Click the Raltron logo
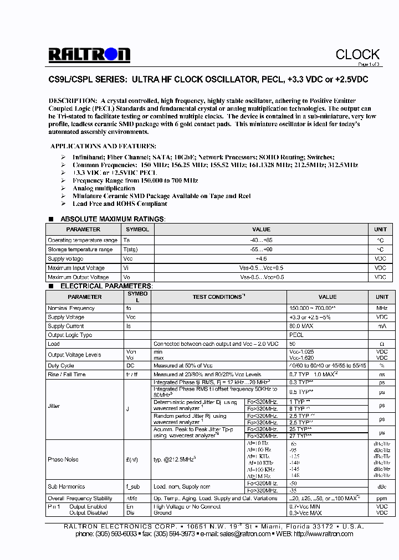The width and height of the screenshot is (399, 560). (89, 54)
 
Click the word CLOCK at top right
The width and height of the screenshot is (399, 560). (357, 54)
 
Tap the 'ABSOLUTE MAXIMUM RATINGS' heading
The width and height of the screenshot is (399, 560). (112, 219)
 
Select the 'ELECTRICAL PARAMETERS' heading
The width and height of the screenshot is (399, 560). (106, 286)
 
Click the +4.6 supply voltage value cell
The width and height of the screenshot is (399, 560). (261, 259)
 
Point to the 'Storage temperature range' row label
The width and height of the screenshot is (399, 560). (80, 250)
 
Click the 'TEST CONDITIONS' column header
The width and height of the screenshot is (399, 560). (218, 297)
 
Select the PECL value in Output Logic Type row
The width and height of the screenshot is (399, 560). (296, 335)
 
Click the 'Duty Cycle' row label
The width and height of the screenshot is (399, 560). (61, 366)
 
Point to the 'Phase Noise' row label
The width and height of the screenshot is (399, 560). (63, 459)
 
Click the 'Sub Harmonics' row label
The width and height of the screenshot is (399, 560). (66, 486)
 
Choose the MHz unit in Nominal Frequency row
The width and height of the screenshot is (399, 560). (381, 308)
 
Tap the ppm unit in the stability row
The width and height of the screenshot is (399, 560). (381, 498)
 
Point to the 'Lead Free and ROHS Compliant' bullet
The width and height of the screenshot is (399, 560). (120, 204)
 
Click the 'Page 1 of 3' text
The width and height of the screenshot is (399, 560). (367, 64)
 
